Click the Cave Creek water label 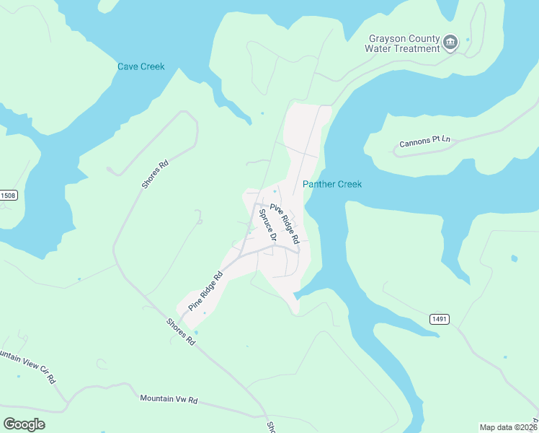141,67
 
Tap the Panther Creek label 332,185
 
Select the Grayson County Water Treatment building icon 450,43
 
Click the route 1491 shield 440,318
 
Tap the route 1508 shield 8,196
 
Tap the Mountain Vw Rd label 169,398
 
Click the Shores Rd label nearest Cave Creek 155,173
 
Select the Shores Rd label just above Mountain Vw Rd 181,330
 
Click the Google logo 24,424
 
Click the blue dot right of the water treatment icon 468,39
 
